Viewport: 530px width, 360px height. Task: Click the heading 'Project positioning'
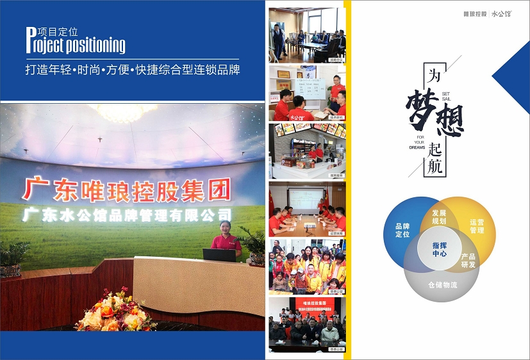76,45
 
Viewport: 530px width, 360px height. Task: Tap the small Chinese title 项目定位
58,31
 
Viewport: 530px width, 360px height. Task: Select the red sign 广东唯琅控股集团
126,189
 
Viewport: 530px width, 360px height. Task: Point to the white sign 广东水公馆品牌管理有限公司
127,215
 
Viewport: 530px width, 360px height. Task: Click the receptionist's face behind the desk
226,227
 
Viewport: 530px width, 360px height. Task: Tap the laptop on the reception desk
219,254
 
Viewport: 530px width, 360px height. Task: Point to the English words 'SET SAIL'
446,96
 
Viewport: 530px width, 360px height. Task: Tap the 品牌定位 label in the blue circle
402,230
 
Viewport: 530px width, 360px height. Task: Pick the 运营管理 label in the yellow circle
477,225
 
